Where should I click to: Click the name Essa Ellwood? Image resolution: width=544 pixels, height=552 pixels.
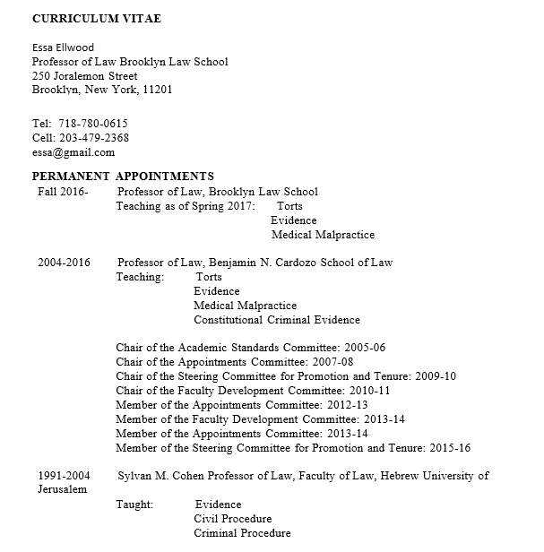click(63, 47)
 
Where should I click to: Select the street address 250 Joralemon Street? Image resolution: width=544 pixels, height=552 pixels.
click(84, 76)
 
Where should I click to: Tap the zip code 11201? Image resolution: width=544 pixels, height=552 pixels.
click(158, 91)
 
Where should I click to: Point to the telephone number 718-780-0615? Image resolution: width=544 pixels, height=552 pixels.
click(93, 124)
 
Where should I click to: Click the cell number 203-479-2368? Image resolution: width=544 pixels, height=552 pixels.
click(93, 138)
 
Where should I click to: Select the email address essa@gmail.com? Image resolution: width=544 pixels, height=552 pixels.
click(73, 152)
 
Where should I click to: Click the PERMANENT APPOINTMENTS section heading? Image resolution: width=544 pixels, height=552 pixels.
click(123, 177)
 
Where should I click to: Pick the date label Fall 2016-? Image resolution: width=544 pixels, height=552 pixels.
click(63, 192)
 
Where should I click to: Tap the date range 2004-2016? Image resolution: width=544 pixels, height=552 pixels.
click(64, 263)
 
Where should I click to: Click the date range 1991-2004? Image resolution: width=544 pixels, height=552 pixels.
click(64, 476)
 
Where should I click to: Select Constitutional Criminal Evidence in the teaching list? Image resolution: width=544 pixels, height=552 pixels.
click(277, 320)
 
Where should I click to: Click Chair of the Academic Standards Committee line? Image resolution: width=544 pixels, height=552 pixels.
click(251, 348)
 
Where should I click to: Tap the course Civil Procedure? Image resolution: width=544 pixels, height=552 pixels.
click(233, 519)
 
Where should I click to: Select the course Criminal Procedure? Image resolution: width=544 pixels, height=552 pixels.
click(242, 533)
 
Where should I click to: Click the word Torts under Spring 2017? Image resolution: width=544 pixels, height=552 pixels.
click(289, 206)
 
